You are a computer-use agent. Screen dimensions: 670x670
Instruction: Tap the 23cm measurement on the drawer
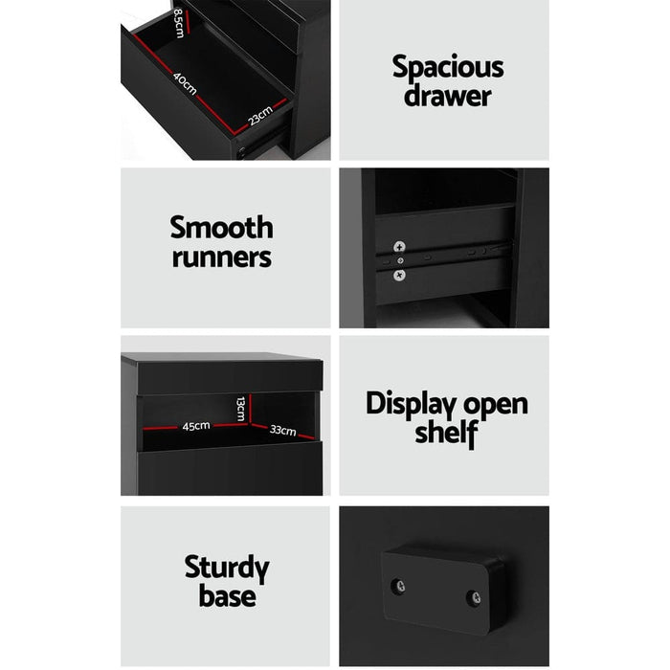click(x=259, y=116)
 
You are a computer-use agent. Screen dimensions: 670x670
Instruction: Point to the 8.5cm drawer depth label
click(x=179, y=18)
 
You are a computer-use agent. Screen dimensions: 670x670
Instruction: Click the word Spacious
click(x=448, y=68)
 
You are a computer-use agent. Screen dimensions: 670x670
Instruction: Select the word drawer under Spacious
click(x=447, y=96)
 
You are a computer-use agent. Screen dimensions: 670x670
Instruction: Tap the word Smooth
click(x=221, y=228)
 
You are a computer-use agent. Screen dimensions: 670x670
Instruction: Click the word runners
click(x=221, y=257)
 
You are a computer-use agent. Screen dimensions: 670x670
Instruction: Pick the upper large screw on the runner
click(x=399, y=243)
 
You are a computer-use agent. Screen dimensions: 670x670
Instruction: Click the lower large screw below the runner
click(x=399, y=276)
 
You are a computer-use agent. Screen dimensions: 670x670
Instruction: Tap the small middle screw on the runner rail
click(x=402, y=259)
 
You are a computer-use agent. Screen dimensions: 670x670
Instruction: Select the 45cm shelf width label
click(x=196, y=426)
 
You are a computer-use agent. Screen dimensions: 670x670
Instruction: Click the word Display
click(x=403, y=403)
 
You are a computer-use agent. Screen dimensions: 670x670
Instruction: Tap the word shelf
click(x=446, y=433)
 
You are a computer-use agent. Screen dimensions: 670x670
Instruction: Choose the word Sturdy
click(x=227, y=568)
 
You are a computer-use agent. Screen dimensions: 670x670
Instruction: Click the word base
click(x=228, y=596)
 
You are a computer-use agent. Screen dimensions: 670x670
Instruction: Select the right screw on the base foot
click(x=475, y=599)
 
